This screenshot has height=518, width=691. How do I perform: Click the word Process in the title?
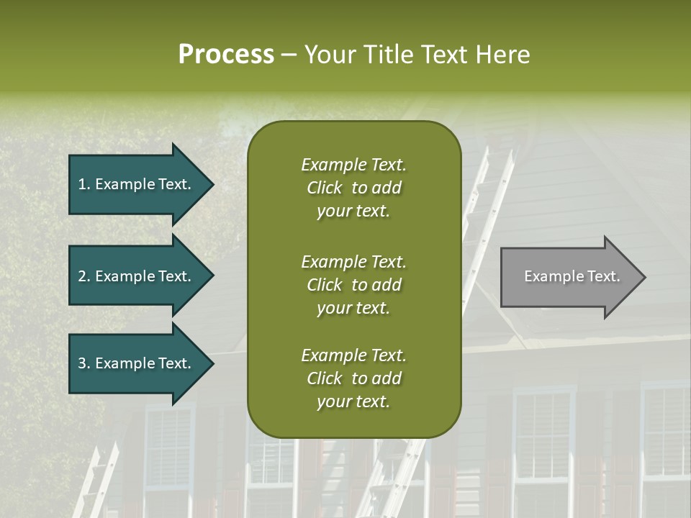point(226,55)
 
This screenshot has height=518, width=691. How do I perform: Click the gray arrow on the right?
point(569,277)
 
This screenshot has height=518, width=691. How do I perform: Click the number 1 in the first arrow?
point(82,184)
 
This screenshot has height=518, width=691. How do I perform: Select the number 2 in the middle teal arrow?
point(82,276)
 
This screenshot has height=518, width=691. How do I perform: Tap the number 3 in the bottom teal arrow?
point(82,363)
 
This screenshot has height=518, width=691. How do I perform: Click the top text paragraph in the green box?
point(353,188)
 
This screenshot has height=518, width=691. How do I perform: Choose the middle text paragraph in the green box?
point(353,284)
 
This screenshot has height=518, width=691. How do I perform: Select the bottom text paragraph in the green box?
point(353,378)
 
